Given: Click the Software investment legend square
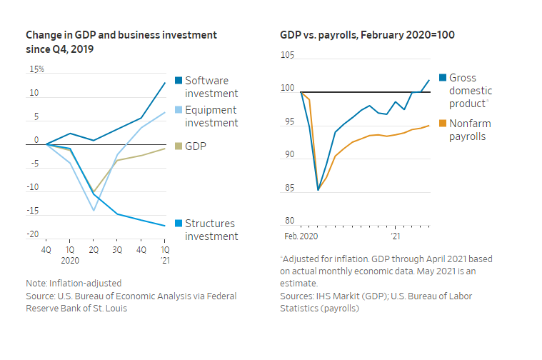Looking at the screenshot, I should [179, 80].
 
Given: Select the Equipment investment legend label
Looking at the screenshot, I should [211, 116].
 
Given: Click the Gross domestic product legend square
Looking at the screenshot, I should [443, 78].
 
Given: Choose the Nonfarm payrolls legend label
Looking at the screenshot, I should [470, 130].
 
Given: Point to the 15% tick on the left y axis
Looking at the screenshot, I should [36, 69].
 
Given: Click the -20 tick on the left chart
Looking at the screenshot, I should [33, 234].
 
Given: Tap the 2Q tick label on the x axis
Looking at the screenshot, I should [94, 250].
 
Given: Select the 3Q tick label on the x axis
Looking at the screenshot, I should [117, 250].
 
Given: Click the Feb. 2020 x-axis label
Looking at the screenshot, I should [300, 234].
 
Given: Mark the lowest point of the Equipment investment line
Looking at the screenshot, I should [94, 210].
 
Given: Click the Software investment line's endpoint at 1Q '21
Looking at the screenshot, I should [165, 83].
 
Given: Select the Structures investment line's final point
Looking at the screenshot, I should [165, 226].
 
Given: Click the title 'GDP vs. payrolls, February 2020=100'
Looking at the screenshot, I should [367, 34].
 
